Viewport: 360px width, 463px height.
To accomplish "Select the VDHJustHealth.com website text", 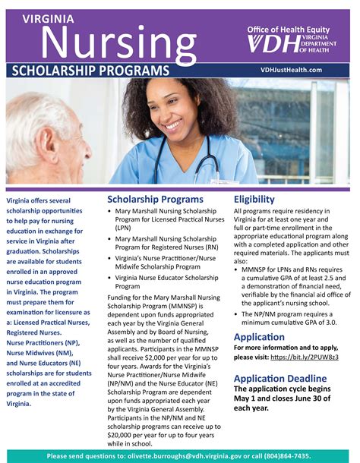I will pyautogui.click(x=292, y=69).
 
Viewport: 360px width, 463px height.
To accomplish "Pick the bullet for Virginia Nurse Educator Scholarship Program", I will pyautogui.click(x=110, y=278).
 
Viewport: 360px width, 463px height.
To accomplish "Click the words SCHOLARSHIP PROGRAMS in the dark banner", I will pyautogui.click(x=90, y=70).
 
